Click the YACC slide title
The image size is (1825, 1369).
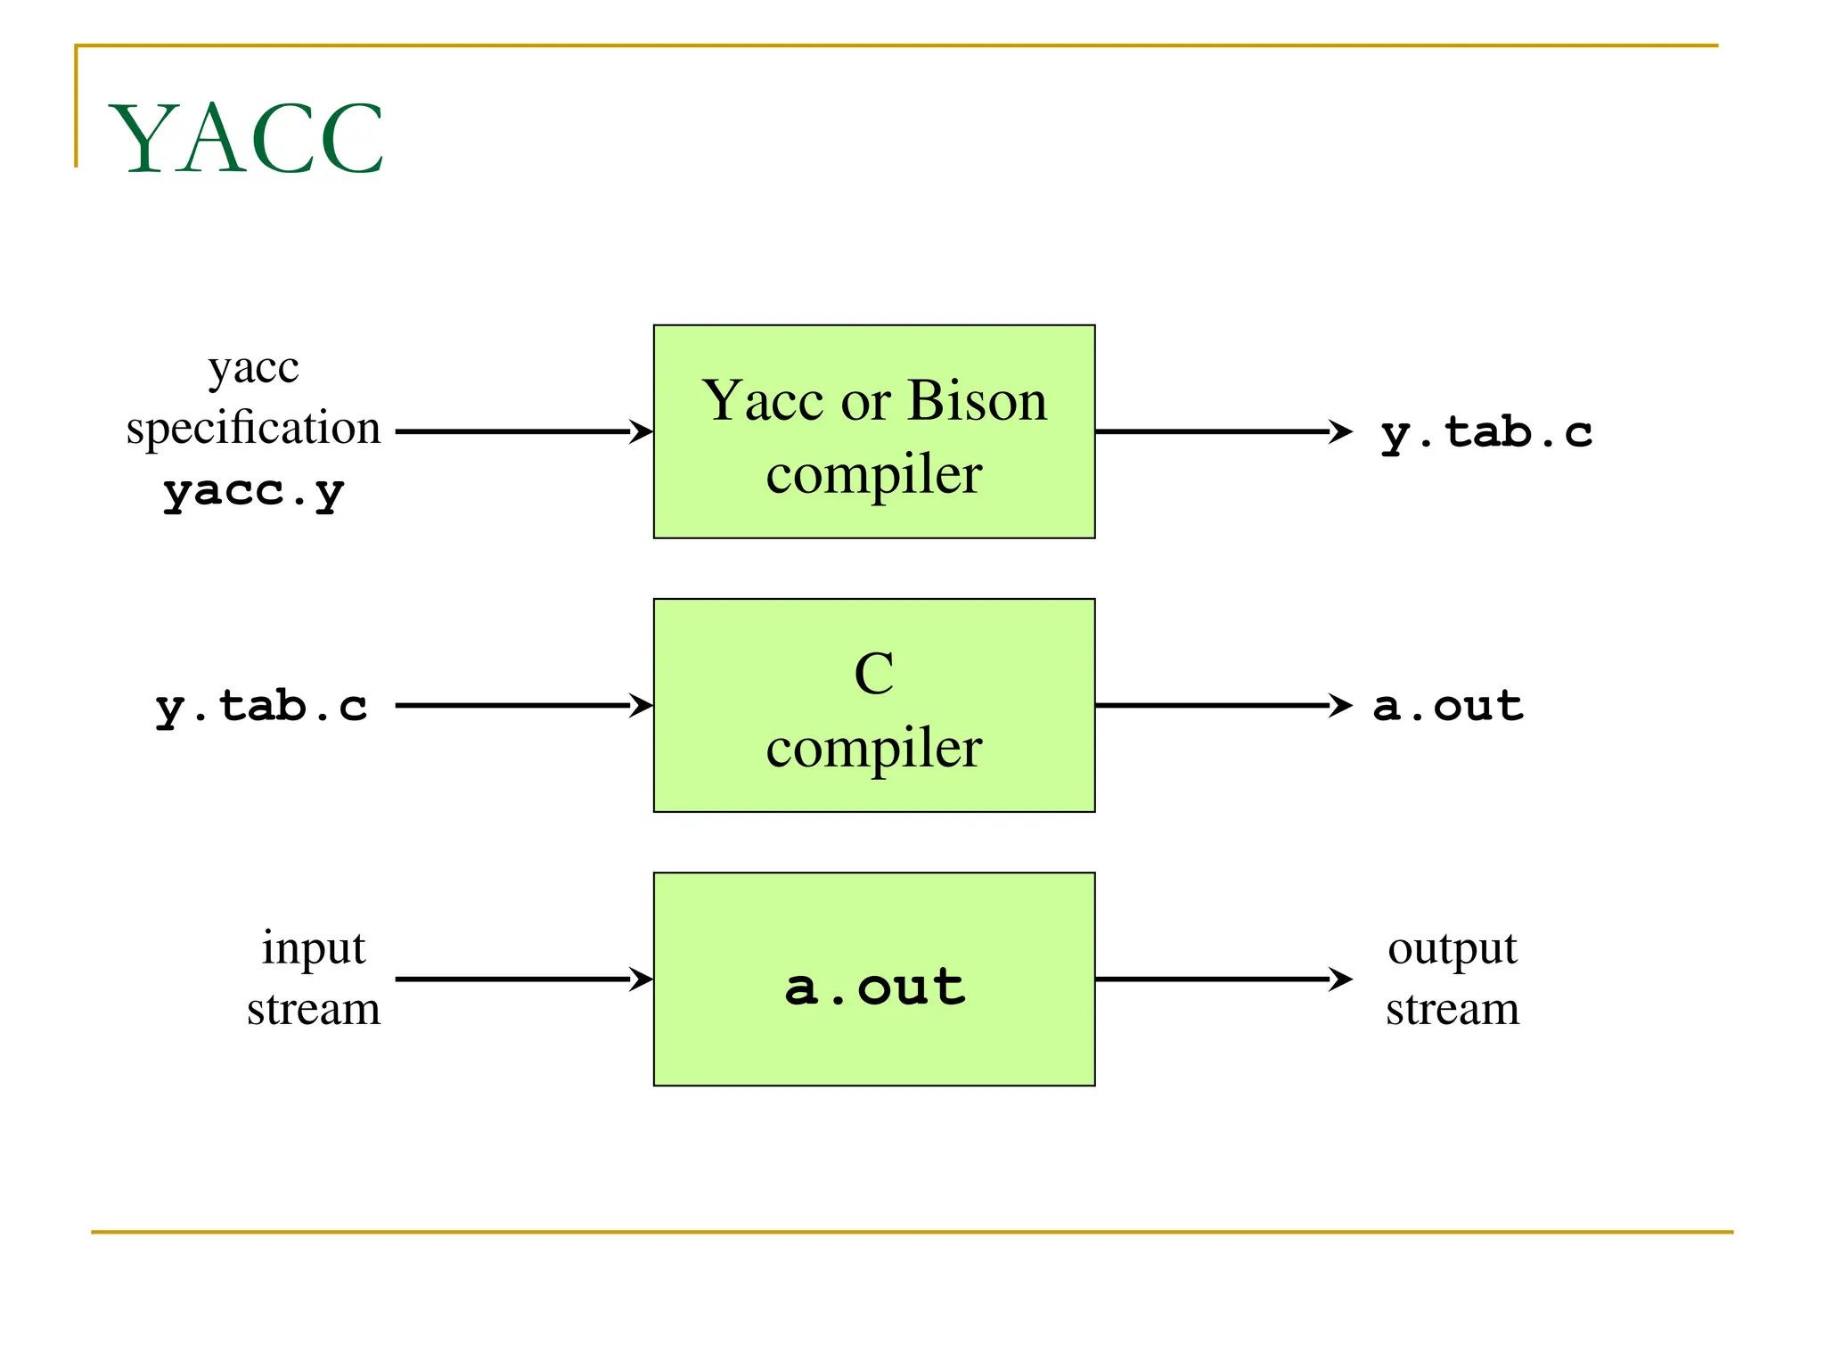246,139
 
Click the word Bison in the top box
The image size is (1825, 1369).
978,400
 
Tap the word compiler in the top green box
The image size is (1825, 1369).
873,474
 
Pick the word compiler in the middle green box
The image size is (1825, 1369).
873,748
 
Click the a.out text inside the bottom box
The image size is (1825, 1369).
874,987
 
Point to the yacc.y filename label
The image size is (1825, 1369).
253,491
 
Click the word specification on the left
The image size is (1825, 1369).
253,428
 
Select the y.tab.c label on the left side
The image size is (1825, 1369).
261,706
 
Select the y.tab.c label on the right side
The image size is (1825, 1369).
1486,432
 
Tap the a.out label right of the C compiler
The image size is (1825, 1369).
1447,706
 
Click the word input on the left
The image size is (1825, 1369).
313,948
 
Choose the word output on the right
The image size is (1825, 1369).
1452,948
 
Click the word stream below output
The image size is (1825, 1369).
1452,1009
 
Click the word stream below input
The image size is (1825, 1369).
313,1009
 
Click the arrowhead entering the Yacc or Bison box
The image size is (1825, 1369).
641,431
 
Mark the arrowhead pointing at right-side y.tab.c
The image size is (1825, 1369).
1340,431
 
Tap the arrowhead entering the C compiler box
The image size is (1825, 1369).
641,705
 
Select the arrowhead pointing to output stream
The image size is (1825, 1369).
1340,979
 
